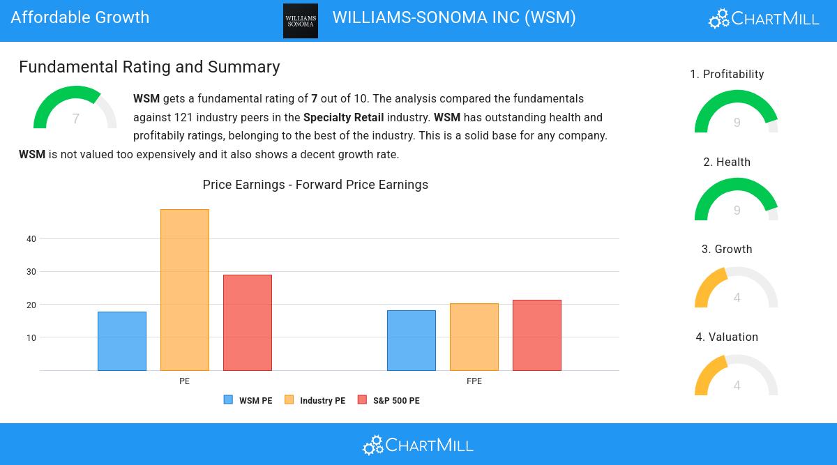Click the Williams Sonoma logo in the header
tap(301, 21)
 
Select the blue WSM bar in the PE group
tap(122, 341)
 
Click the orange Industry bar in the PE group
tap(185, 289)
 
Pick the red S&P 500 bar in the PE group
tap(248, 322)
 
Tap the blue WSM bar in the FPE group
tap(412, 340)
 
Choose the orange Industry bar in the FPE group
tap(474, 337)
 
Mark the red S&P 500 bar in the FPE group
tap(537, 335)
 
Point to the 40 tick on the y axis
tap(31, 239)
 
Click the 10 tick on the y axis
tap(31, 338)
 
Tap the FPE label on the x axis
tap(474, 381)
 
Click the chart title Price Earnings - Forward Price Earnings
tap(315, 185)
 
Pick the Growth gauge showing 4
tap(737, 289)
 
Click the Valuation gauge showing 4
tap(737, 376)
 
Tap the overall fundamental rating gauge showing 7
tap(75, 110)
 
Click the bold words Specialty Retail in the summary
tap(343, 117)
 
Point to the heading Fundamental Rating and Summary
tap(149, 67)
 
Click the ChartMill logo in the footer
tap(418, 445)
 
